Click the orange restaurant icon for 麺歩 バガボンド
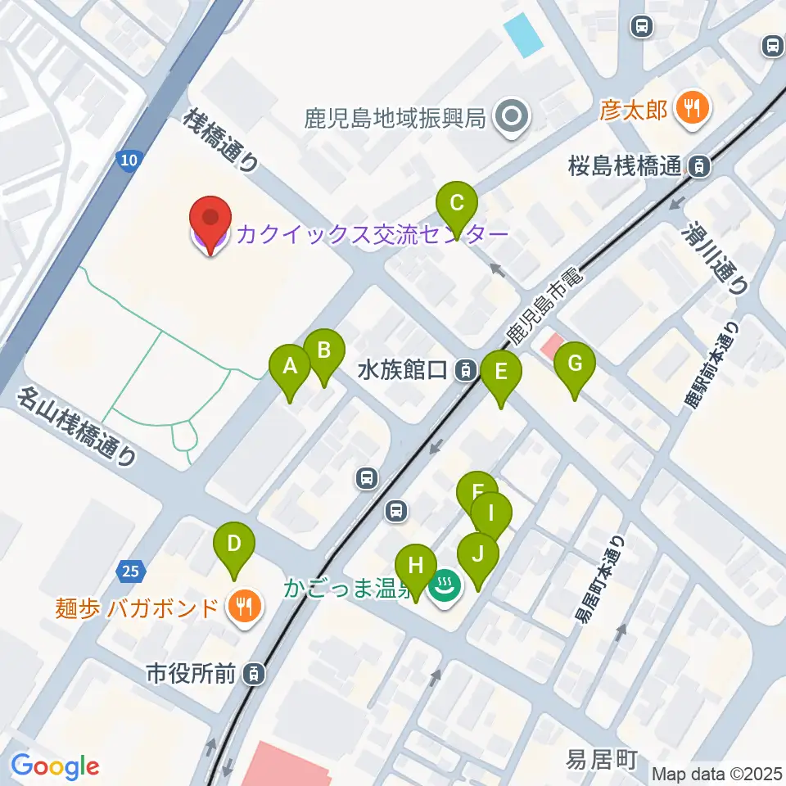pyautogui.click(x=245, y=607)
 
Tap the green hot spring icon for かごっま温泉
pyautogui.click(x=446, y=586)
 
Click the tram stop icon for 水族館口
pyautogui.click(x=465, y=370)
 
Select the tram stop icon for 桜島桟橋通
pyautogui.click(x=698, y=166)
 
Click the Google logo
pyautogui.click(x=55, y=767)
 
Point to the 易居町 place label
pyautogui.click(x=601, y=760)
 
